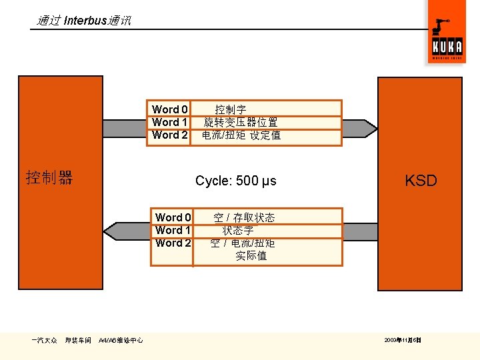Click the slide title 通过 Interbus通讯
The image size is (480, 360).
83,21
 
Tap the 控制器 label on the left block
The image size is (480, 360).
49,178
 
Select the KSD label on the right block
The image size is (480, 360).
421,181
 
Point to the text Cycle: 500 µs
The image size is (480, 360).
235,181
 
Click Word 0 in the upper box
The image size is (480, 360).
170,109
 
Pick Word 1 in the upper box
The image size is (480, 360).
170,122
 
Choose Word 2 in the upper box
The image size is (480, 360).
170,135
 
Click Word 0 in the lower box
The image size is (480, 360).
173,217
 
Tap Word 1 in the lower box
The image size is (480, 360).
173,230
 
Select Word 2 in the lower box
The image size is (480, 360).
173,243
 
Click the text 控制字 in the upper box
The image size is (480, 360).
231,109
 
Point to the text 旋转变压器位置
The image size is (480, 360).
241,122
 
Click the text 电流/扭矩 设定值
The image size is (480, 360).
241,135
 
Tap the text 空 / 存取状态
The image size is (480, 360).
243,217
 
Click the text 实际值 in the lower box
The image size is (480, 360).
251,255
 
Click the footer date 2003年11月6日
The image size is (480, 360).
403,340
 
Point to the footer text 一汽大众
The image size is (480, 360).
44,340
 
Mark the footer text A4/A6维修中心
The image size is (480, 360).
120,340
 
